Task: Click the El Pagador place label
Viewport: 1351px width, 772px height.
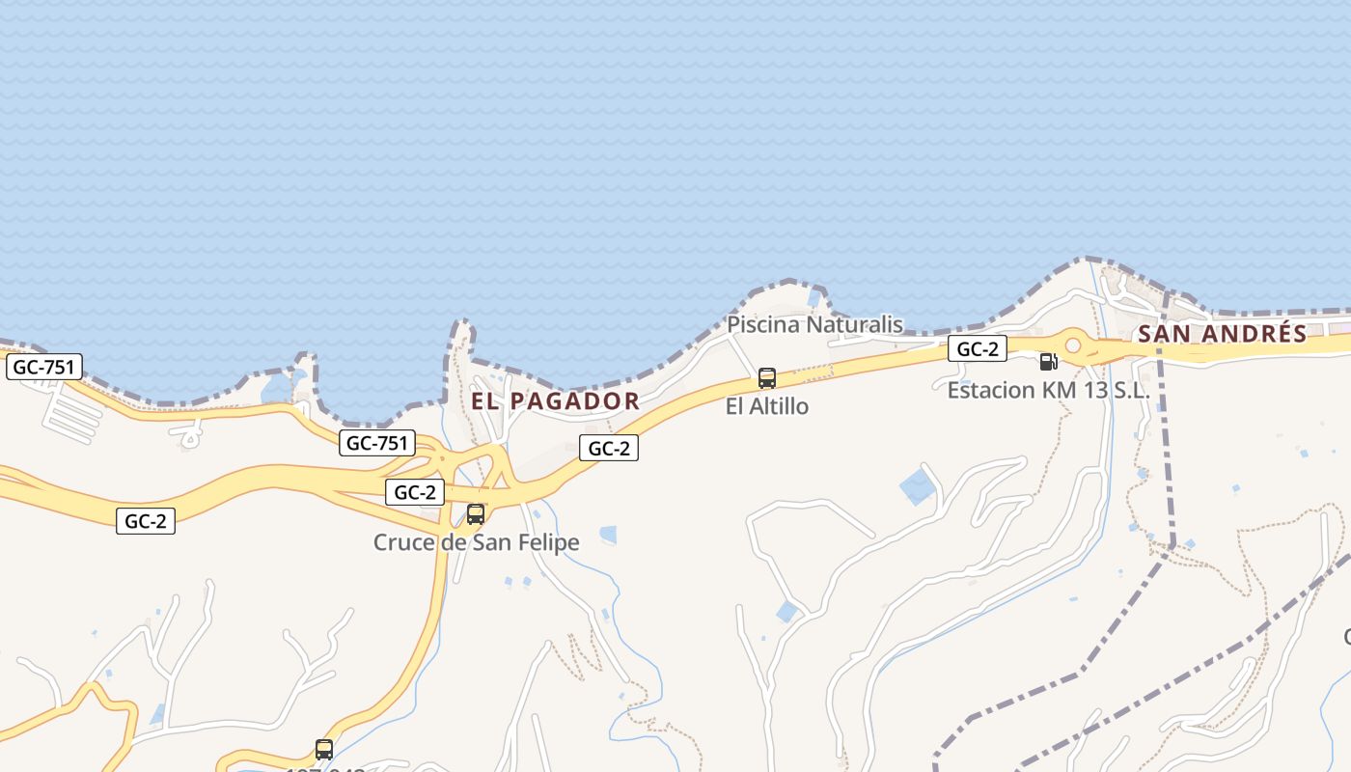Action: [x=555, y=401]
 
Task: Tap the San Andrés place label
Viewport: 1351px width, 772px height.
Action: [x=1222, y=334]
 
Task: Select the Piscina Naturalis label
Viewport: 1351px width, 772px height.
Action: [x=814, y=324]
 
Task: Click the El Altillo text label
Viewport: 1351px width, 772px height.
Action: [x=767, y=406]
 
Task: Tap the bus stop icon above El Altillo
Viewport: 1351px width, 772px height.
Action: [x=767, y=378]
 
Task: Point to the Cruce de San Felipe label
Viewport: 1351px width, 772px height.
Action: [x=477, y=542]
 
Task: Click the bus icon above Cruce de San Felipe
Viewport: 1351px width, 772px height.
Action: [x=476, y=514]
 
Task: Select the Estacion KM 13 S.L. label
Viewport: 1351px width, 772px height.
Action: [x=1049, y=391]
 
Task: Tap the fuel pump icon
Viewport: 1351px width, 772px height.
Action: [x=1048, y=362]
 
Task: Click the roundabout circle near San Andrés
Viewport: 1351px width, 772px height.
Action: [x=1072, y=345]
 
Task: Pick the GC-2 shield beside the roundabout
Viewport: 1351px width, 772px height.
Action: [x=978, y=348]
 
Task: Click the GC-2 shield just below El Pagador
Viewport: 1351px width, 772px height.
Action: [x=609, y=448]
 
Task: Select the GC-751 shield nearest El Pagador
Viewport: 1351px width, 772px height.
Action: [x=377, y=443]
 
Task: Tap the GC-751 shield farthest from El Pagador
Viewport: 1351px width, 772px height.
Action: [x=44, y=367]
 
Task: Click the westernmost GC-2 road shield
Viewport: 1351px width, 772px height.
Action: [x=146, y=521]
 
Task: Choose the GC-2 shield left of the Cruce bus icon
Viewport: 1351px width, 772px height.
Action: [x=415, y=492]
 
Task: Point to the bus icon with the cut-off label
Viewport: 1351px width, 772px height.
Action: [x=324, y=750]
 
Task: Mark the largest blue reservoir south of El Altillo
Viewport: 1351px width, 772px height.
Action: [x=918, y=486]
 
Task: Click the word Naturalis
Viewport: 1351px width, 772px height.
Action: [x=854, y=324]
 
